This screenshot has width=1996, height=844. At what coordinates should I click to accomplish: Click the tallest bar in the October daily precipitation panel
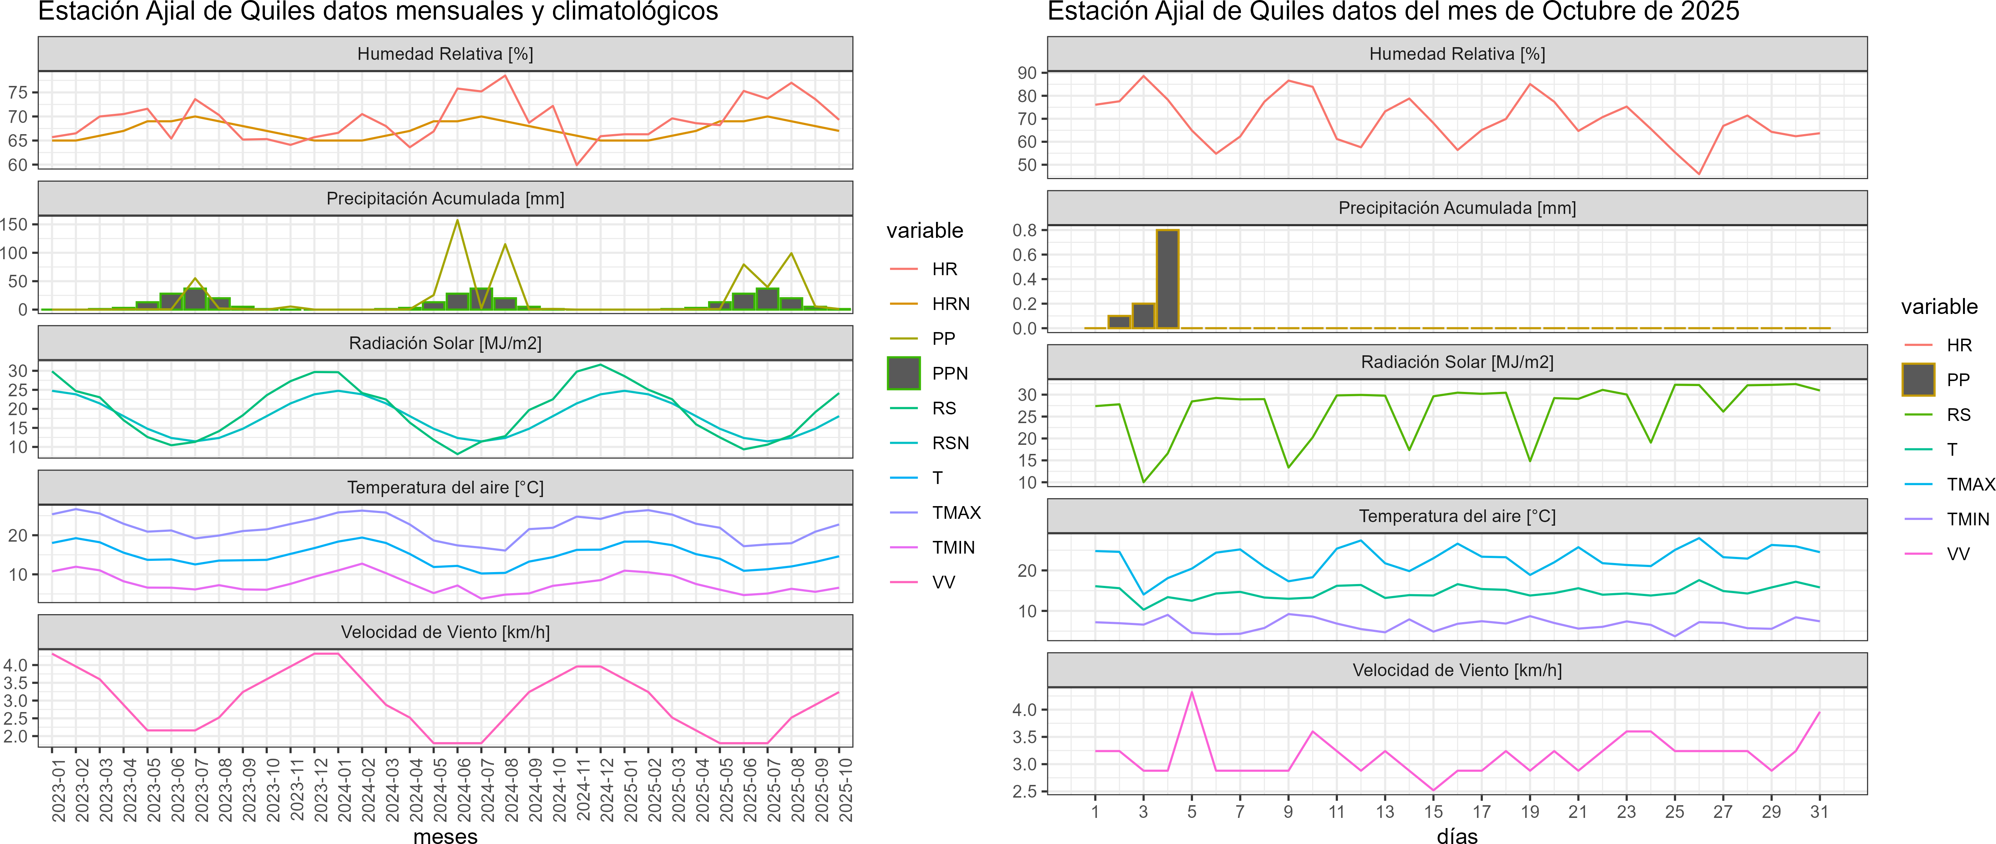pos(1167,279)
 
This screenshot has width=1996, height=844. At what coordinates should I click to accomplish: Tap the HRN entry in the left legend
pos(950,304)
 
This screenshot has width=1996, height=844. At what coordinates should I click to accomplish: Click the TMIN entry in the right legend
pos(1967,519)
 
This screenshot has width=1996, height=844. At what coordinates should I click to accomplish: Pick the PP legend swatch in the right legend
pos(1918,380)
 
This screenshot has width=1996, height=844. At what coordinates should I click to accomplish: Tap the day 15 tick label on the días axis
pos(1434,812)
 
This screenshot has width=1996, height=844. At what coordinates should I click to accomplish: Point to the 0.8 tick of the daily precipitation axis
pos(1024,230)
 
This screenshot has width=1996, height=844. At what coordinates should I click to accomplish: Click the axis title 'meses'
pos(445,835)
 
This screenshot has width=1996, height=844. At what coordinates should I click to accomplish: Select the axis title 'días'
pos(1457,835)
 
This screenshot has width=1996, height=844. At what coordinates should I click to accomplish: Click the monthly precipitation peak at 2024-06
pos(457,221)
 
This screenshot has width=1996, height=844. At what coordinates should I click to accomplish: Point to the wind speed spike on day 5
pos(1192,692)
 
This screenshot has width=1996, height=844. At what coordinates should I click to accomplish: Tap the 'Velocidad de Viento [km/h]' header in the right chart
pos(1457,670)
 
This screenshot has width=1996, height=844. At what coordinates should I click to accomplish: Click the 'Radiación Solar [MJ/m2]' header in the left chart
pos(445,343)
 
